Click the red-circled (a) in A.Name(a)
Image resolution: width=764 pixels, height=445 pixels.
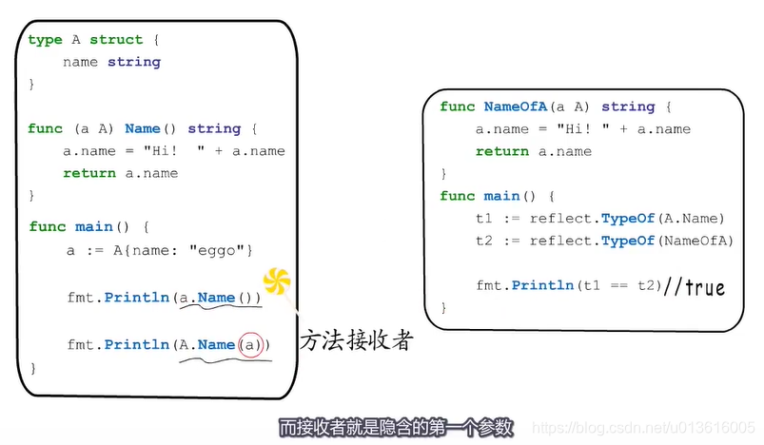click(250, 344)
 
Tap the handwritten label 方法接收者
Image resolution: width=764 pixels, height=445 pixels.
click(356, 340)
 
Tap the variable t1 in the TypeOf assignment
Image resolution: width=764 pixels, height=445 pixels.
click(484, 218)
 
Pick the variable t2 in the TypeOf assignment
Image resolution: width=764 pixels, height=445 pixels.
click(484, 241)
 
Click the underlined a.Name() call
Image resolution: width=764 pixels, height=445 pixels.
click(220, 298)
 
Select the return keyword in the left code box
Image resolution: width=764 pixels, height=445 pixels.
click(84, 173)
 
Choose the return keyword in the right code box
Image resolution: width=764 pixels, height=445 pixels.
click(497, 151)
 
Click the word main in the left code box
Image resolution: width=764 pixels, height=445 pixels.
click(93, 226)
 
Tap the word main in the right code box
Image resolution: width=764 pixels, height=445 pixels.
click(501, 196)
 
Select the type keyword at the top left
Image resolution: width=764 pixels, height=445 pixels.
click(45, 40)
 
